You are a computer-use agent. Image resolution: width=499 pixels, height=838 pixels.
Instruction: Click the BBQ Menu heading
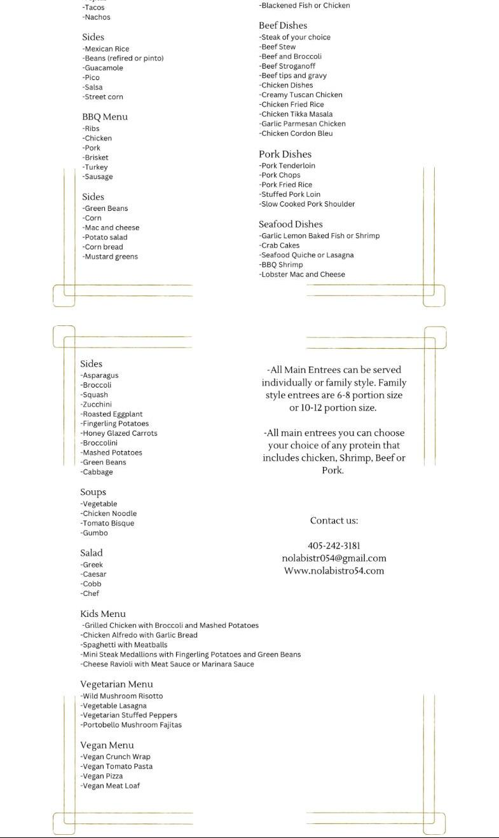click(105, 117)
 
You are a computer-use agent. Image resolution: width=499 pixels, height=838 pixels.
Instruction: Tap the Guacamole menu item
click(103, 68)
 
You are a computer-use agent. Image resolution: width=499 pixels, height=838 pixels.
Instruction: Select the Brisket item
click(95, 158)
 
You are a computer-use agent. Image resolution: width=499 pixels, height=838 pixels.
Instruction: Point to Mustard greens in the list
click(110, 257)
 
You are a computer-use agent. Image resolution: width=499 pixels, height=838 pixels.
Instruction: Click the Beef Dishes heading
click(283, 25)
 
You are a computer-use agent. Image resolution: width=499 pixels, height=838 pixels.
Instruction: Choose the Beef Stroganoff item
click(287, 66)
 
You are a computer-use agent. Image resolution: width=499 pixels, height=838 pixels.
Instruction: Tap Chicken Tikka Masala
click(296, 114)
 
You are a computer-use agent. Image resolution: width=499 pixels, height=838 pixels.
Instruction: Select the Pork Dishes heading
click(285, 154)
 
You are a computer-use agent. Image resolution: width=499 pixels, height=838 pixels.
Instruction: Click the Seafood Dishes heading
click(291, 224)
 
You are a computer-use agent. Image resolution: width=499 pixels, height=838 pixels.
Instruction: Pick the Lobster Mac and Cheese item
click(302, 274)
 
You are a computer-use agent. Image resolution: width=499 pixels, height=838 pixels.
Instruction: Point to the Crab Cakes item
click(279, 245)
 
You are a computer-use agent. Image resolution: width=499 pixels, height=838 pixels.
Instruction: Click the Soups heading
click(93, 492)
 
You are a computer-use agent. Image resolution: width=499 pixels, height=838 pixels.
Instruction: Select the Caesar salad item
click(93, 574)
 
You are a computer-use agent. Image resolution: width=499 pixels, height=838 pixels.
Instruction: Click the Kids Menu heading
click(103, 614)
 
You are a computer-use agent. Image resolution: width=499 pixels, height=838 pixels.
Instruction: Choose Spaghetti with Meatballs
click(124, 645)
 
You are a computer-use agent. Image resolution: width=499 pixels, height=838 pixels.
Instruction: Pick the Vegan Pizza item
click(102, 776)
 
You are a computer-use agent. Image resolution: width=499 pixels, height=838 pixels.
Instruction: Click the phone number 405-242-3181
click(334, 546)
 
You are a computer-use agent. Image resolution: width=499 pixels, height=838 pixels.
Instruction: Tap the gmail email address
click(334, 558)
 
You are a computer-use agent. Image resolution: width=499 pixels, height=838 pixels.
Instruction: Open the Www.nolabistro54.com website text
click(334, 571)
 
